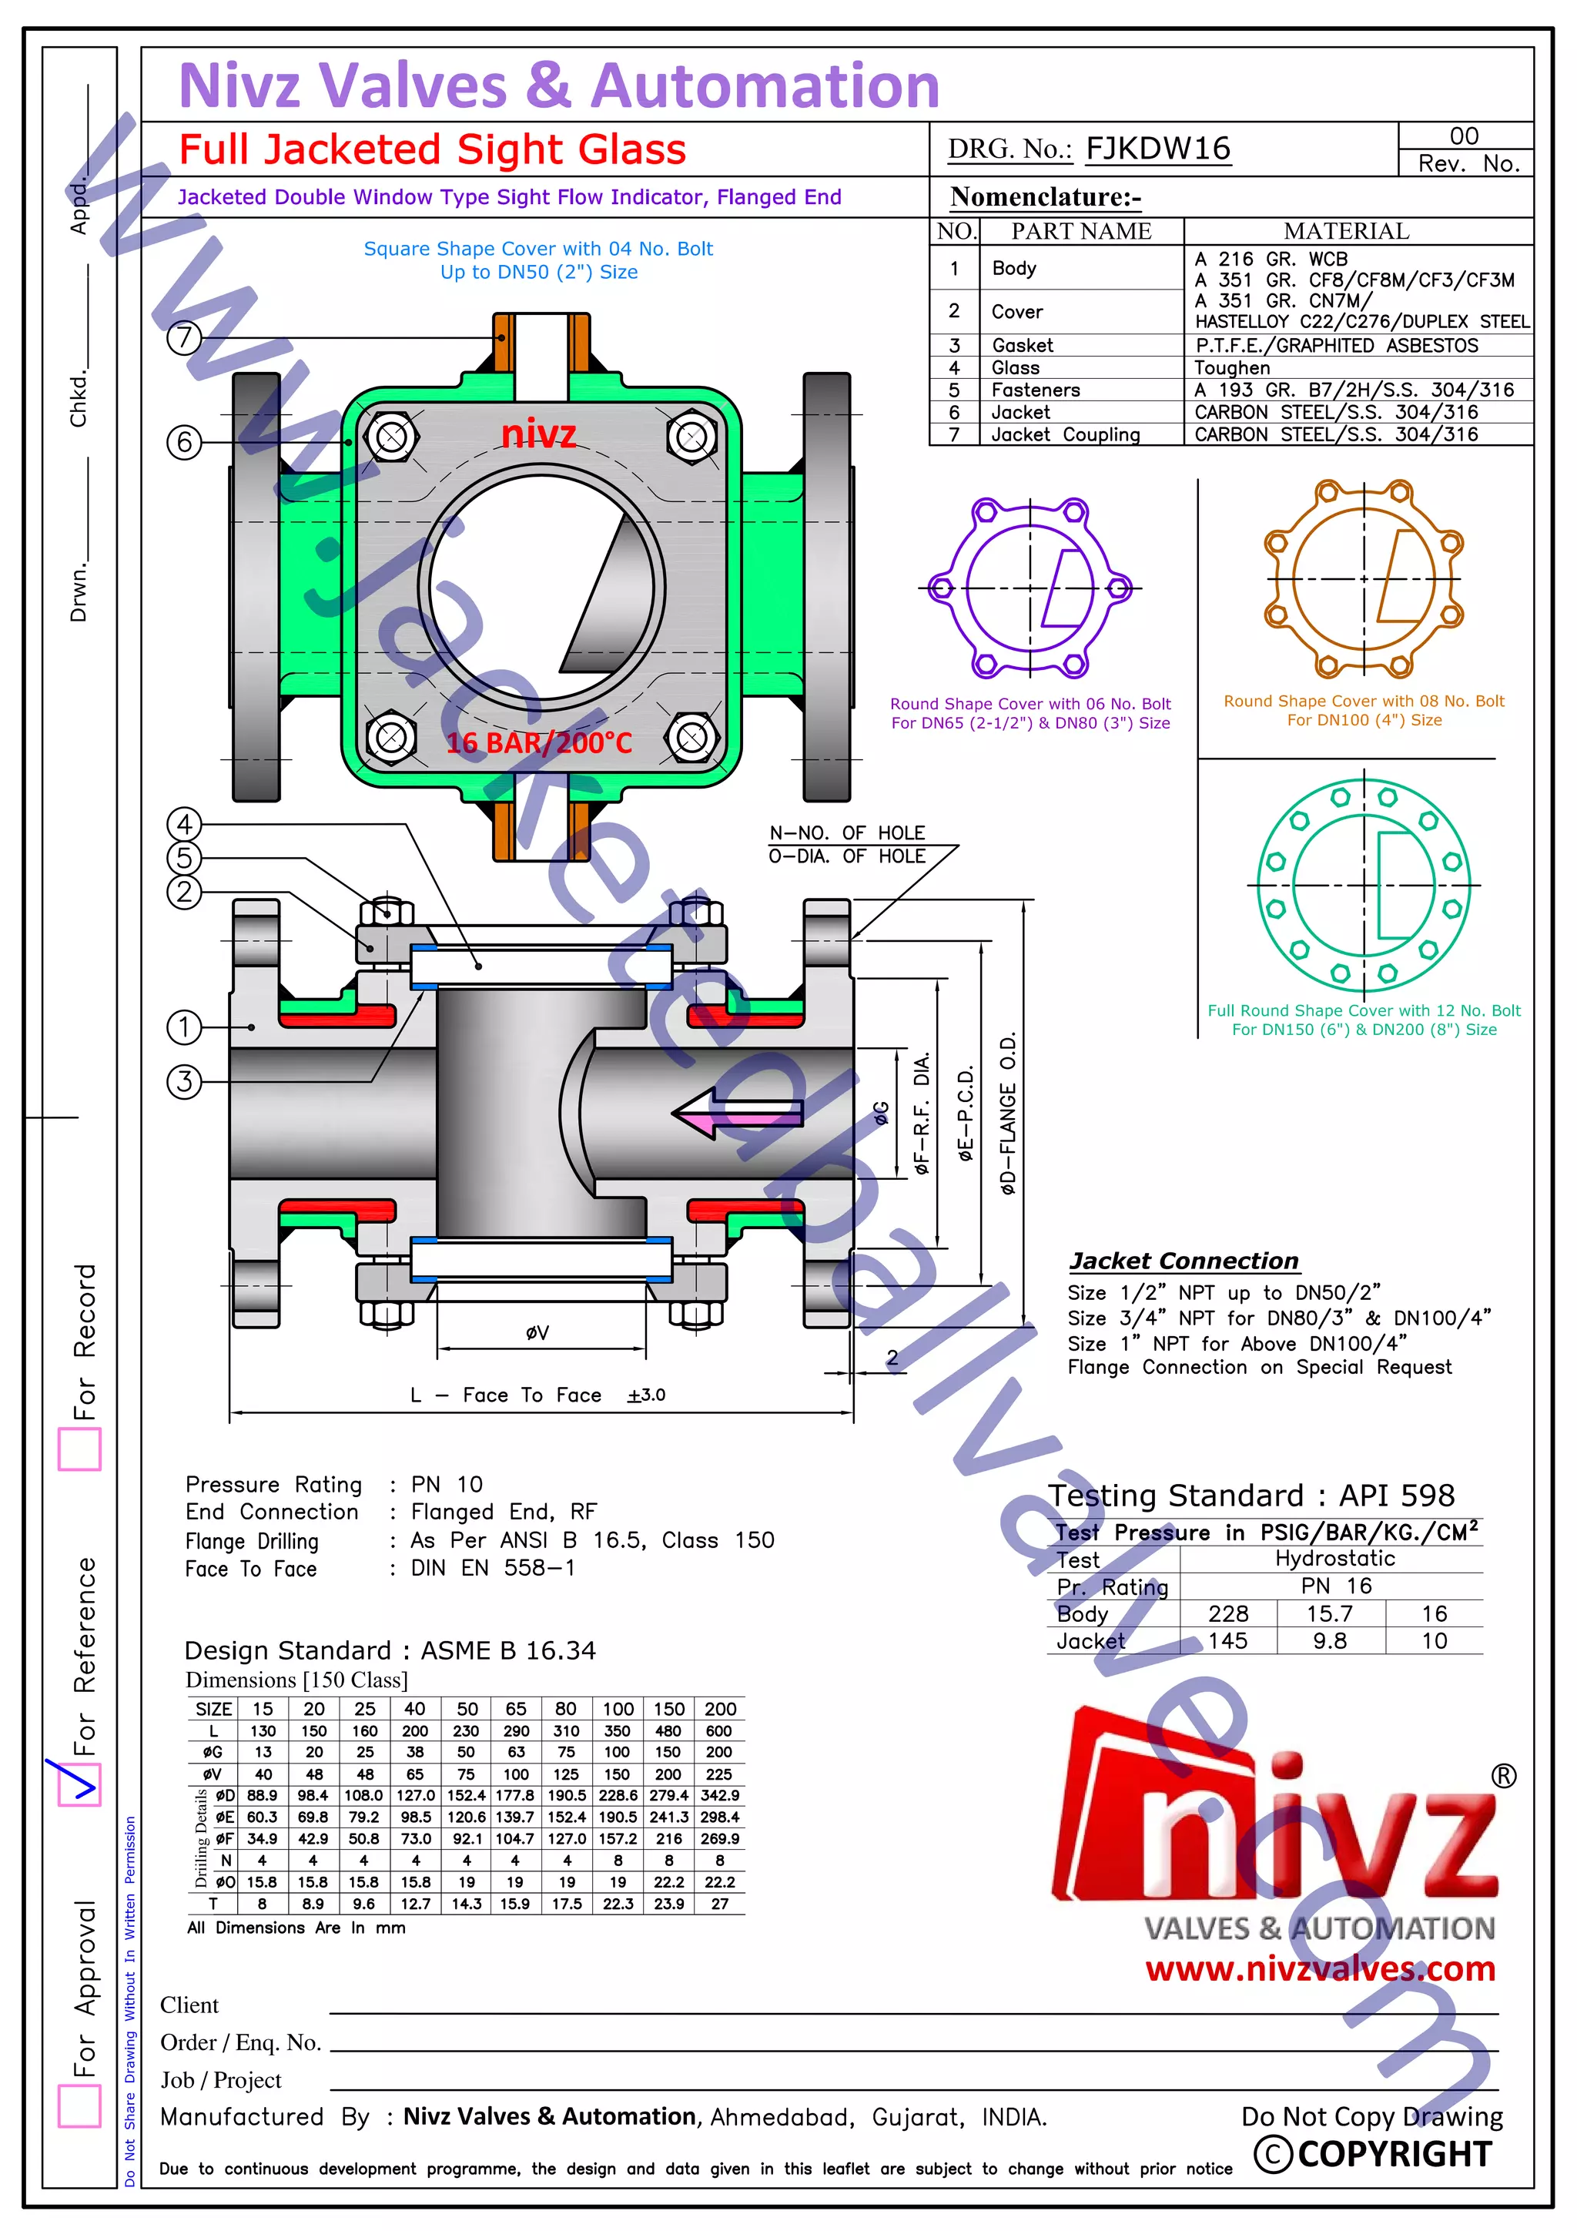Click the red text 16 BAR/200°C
(538, 743)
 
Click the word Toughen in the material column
(1231, 367)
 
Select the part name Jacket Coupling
(1065, 434)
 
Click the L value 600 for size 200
(719, 1730)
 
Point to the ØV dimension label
(537, 1332)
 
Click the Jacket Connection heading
(1183, 1261)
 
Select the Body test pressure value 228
(1227, 1613)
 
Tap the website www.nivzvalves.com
(1320, 1968)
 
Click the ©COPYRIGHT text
(1373, 2153)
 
